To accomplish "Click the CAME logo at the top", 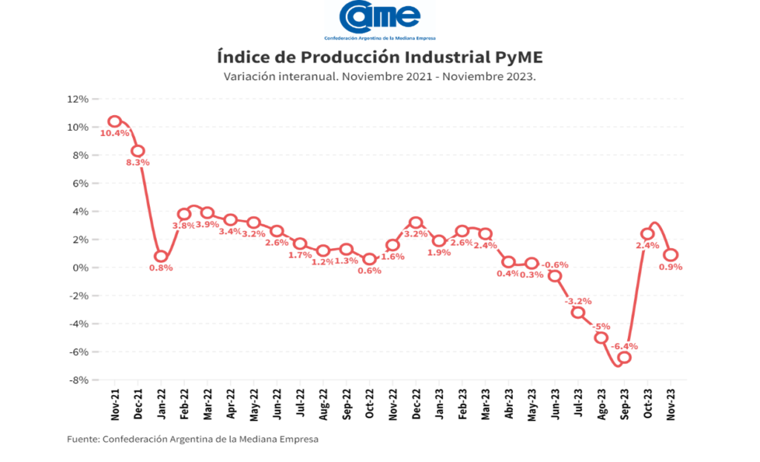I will click(x=380, y=18).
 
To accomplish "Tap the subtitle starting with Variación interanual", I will click(x=380, y=76).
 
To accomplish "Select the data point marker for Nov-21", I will click(x=114, y=121).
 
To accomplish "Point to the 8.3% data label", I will click(x=138, y=162).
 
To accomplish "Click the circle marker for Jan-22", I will click(x=161, y=256).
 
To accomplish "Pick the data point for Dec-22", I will click(x=416, y=223).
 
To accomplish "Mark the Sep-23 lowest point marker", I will click(x=624, y=357).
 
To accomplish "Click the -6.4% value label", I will click(x=624, y=346).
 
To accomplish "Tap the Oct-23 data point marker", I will click(x=647, y=234).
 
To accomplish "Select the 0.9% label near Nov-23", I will click(x=670, y=267).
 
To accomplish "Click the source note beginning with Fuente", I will click(x=193, y=439).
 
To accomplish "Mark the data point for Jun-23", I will click(x=554, y=276).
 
